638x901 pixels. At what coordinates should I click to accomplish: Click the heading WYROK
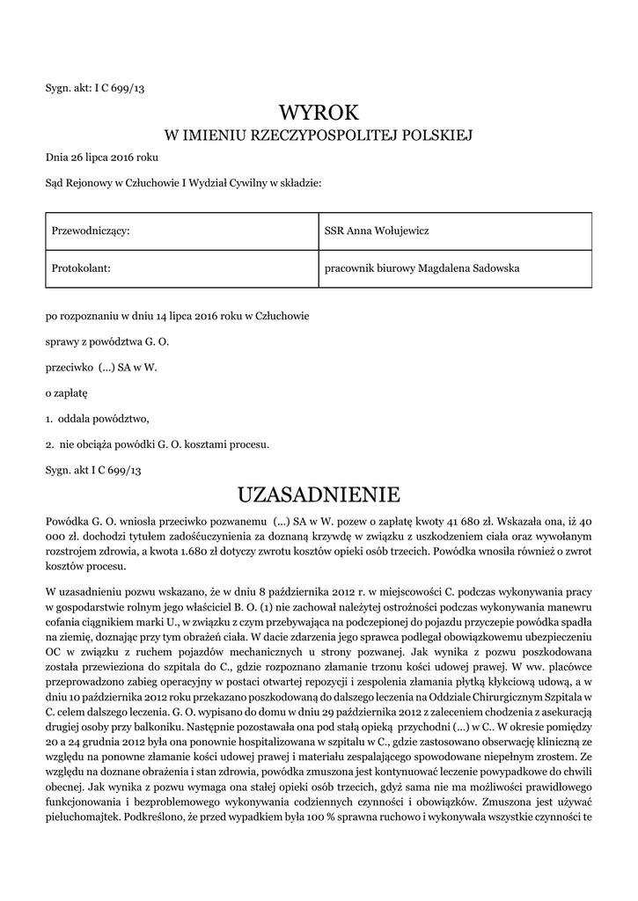[319, 113]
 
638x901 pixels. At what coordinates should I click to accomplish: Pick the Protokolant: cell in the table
[81, 267]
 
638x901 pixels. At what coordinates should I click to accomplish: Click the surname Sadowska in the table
[487, 267]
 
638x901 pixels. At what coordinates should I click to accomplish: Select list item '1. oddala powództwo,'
[98, 418]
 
